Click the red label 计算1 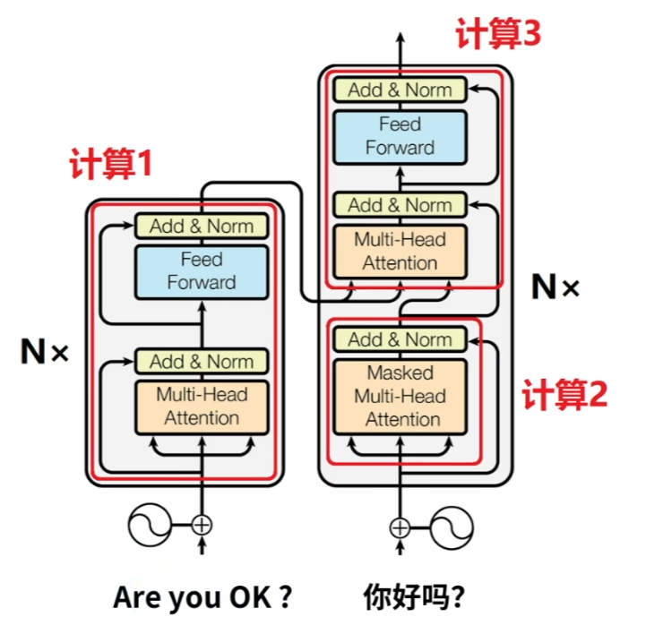[x=111, y=165]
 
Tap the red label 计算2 [x=564, y=394]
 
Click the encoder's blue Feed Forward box [x=202, y=271]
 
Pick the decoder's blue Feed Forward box [x=400, y=136]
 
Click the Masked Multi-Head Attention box [x=400, y=396]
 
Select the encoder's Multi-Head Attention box [x=202, y=406]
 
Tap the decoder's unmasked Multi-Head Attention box [x=400, y=252]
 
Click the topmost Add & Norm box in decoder [x=400, y=90]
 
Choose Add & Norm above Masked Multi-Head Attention [x=400, y=339]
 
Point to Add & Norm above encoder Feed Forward [x=202, y=226]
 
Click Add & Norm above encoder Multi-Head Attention [x=202, y=361]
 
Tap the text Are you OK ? [x=202, y=597]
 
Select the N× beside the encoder [x=44, y=352]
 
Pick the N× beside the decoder [x=555, y=287]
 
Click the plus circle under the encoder [x=202, y=526]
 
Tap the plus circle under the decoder [x=400, y=526]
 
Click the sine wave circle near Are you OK [x=151, y=526]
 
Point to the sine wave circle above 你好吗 [x=452, y=526]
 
